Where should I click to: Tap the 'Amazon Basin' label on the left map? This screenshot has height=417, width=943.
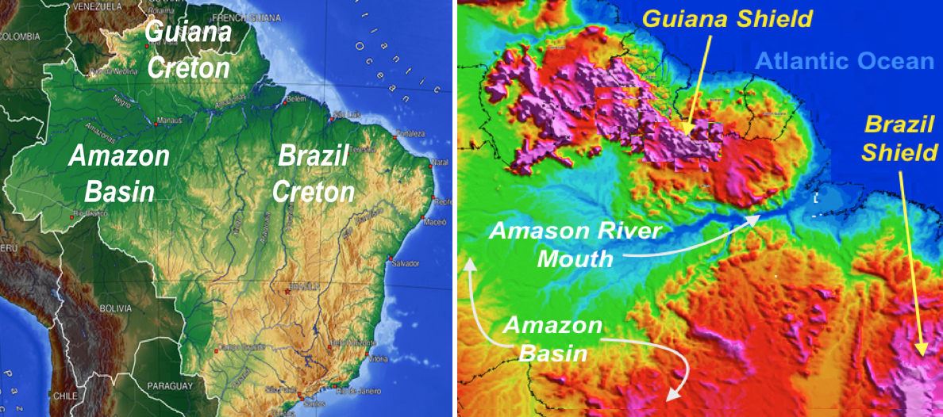(119, 172)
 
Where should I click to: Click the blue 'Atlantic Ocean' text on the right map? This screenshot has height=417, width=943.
(844, 62)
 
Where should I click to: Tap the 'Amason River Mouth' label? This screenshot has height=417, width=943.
(575, 244)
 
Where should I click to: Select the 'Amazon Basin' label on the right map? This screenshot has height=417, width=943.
(553, 338)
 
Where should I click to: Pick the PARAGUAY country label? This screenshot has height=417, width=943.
(169, 385)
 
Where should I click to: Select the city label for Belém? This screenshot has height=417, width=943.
(295, 98)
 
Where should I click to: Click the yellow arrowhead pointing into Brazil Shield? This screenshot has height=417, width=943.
(922, 350)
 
